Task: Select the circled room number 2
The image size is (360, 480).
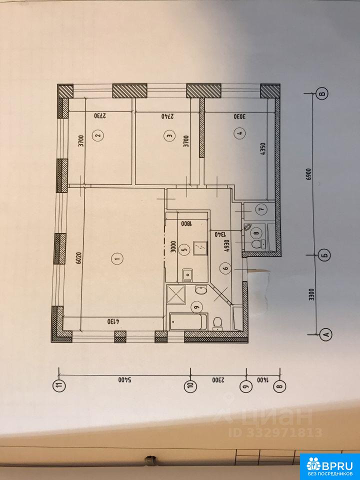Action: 98,135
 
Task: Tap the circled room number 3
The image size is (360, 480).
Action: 169,135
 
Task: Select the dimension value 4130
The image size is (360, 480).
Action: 113,322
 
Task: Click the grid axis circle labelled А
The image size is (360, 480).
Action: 326,334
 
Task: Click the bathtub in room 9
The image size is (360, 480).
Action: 188,321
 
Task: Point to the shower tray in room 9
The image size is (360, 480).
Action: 176,294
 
